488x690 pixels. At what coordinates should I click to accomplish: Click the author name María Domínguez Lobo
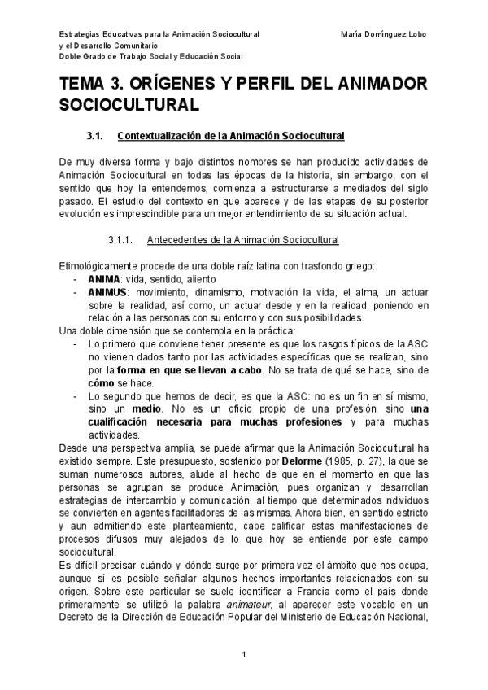tap(385, 35)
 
